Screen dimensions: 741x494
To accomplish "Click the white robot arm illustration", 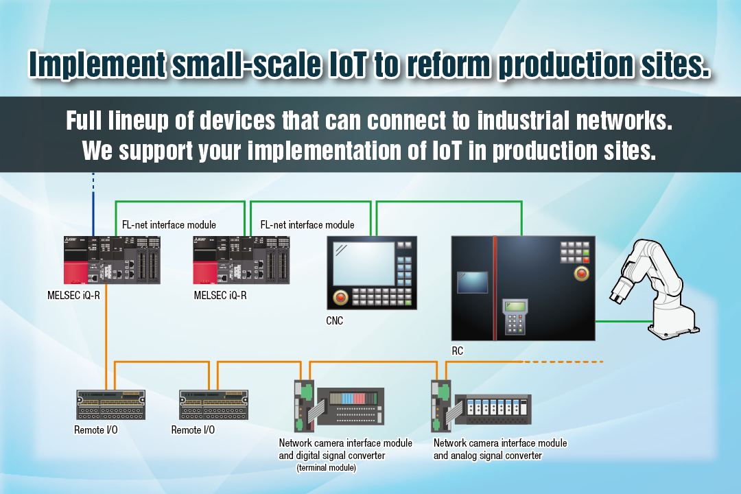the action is coord(655,290).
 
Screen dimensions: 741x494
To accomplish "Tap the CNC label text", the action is coord(335,320).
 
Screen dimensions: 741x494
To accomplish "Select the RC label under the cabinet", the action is coord(458,351).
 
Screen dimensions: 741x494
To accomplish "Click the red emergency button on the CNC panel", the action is coord(340,297).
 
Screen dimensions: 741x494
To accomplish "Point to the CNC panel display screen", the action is coord(364,264).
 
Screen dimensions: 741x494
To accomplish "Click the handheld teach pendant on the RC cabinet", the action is coord(515,316).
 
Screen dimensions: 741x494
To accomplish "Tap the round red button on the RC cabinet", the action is coord(581,273).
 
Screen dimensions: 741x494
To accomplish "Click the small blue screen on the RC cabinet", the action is coord(473,282).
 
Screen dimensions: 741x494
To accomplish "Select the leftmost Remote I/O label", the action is coord(96,430).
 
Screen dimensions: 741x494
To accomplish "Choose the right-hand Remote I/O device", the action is coord(213,405).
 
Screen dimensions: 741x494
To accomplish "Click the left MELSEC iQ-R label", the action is coord(73,296).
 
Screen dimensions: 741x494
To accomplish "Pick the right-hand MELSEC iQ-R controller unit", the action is coord(241,260).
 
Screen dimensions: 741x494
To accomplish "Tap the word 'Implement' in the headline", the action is coord(97,65).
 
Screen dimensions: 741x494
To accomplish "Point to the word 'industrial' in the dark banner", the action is coord(523,121).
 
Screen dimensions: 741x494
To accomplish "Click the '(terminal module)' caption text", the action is coord(327,467).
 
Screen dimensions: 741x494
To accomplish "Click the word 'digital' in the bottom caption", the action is coord(311,456).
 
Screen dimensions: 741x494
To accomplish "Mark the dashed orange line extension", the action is coord(563,362).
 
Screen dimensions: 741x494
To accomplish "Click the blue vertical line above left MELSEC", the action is coord(93,204).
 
